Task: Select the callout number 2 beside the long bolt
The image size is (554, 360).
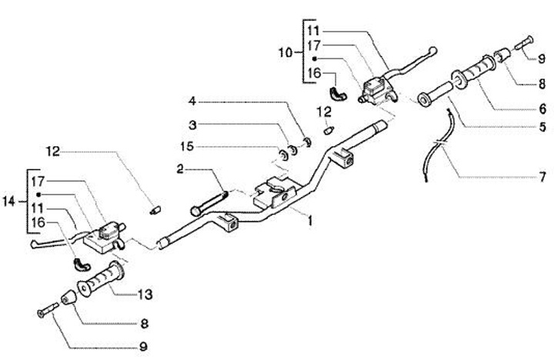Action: point(180,168)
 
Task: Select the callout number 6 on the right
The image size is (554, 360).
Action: point(542,109)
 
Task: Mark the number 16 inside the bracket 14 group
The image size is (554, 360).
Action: point(38,223)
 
